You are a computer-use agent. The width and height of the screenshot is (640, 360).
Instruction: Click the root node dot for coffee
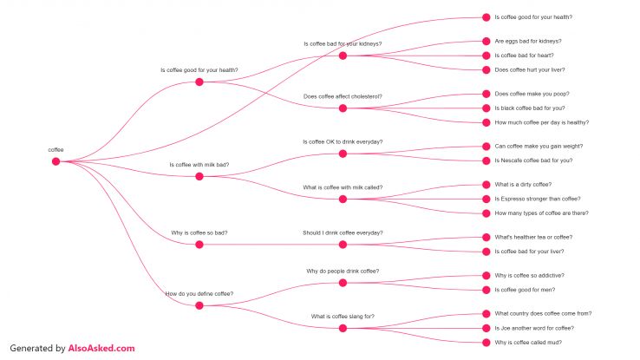pyautogui.click(x=56, y=161)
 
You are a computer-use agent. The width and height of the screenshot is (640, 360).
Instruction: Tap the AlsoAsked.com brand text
pyautogui.click(x=101, y=348)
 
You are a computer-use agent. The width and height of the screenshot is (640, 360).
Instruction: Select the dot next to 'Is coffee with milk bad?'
pyautogui.click(x=199, y=176)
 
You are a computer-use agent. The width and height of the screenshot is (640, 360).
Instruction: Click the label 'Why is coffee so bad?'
pyautogui.click(x=199, y=233)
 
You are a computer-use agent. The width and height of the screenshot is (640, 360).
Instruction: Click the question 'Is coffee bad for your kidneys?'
pyautogui.click(x=343, y=43)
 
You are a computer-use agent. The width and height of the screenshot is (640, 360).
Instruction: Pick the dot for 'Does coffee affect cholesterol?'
pyautogui.click(x=343, y=108)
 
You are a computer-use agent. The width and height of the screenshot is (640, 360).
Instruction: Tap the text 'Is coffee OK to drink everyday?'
pyautogui.click(x=343, y=141)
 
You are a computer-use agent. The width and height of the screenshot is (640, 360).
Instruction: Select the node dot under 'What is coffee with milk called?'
pyautogui.click(x=343, y=199)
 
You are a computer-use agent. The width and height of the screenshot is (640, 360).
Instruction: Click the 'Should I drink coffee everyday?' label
pyautogui.click(x=343, y=232)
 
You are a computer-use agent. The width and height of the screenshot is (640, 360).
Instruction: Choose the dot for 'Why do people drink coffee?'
pyautogui.click(x=343, y=282)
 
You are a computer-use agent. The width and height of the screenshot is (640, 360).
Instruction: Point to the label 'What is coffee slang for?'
pyautogui.click(x=343, y=316)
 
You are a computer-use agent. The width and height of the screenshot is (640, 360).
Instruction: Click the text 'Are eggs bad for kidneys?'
pyautogui.click(x=527, y=41)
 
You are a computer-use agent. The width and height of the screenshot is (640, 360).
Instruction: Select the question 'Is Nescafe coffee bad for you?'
pyautogui.click(x=533, y=160)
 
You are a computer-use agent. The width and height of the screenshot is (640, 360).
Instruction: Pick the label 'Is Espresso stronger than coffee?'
pyautogui.click(x=537, y=199)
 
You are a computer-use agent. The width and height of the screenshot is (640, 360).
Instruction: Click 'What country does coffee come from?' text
pyautogui.click(x=542, y=313)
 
